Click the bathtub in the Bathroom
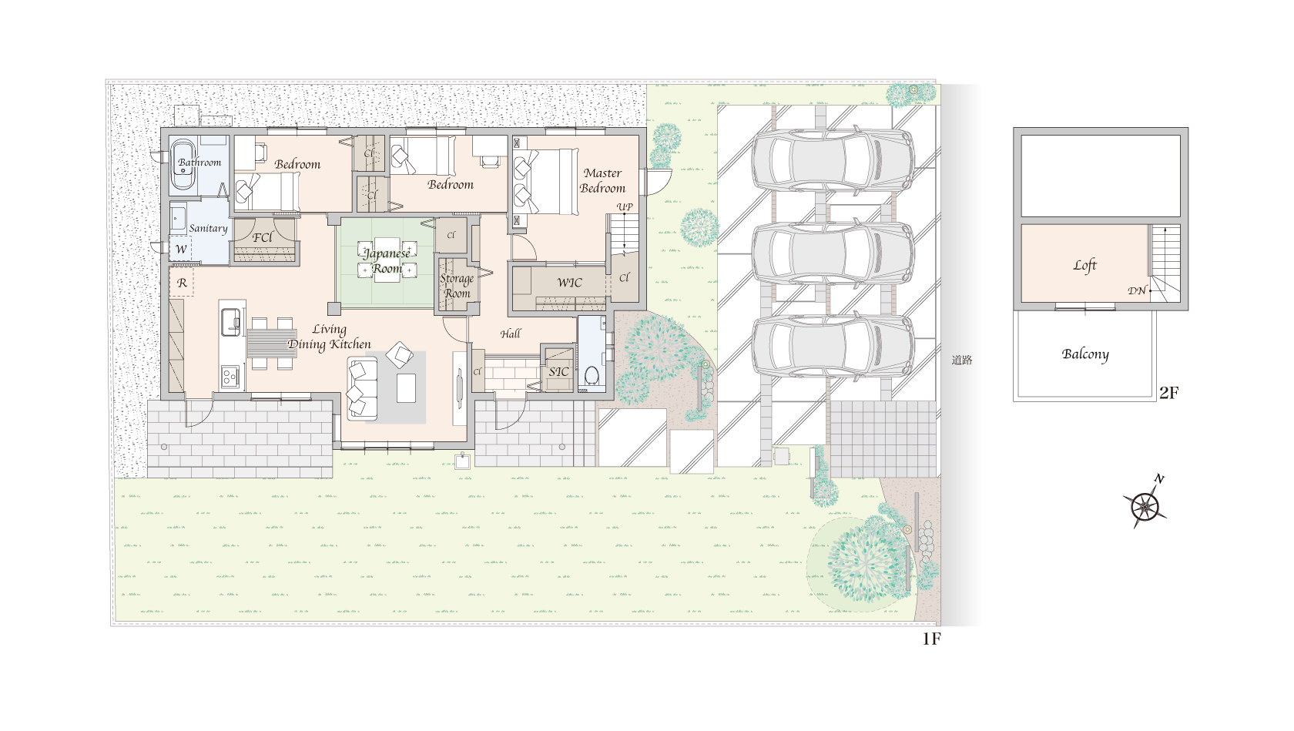[183, 164]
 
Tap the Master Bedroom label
[602, 180]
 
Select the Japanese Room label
[387, 260]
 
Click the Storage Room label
[456, 286]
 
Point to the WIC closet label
[569, 283]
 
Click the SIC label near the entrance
[558, 371]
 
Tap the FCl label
[262, 237]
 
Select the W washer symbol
[181, 249]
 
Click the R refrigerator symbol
[182, 283]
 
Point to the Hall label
[510, 334]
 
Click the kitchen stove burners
[230, 376]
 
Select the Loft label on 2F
[1084, 266]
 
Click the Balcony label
[1084, 354]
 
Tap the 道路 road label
[962, 360]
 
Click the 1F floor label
[931, 639]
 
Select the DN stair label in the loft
[1136, 290]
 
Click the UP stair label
[625, 206]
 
